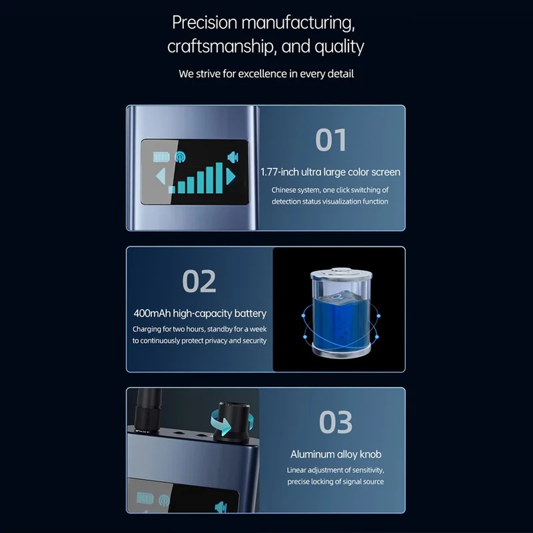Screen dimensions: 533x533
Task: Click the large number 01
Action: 330,140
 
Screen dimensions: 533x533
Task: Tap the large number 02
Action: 199,281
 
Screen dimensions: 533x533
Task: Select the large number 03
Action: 336,422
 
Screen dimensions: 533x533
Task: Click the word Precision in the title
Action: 205,23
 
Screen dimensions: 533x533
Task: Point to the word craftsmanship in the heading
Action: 222,46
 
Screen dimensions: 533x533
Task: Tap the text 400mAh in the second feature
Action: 152,313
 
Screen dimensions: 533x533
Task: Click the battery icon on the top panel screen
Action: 161,157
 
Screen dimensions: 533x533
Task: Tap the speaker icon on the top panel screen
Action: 233,157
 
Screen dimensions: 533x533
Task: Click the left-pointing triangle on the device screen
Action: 161,177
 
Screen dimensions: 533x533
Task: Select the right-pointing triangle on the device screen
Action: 231,177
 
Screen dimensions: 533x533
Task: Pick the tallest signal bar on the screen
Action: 219,178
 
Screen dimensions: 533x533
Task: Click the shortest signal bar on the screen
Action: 172,190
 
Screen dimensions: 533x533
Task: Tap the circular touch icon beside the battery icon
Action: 180,157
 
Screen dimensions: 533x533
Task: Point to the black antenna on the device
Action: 148,410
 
